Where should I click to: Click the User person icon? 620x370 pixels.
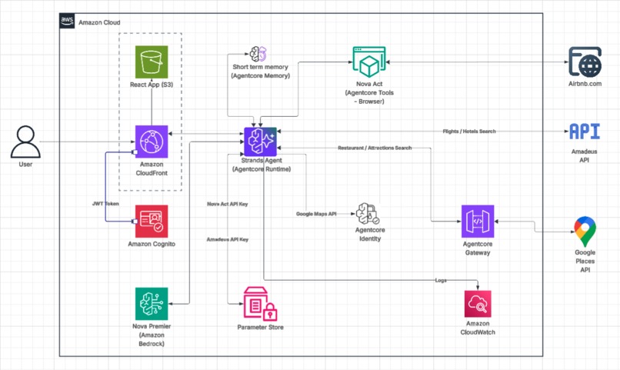[25, 142]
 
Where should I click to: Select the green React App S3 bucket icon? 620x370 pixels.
[152, 62]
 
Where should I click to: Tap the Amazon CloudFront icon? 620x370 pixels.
[152, 142]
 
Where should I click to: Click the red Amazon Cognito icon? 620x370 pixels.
[152, 221]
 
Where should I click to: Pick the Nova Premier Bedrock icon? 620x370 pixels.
[152, 304]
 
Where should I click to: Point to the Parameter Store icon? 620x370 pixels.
[260, 304]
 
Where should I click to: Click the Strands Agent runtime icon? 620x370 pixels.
[260, 142]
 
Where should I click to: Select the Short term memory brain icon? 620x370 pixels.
[258, 54]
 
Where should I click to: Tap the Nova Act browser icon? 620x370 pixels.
[369, 62]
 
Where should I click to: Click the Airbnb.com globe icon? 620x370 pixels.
[585, 62]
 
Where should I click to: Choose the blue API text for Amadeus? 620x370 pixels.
[585, 132]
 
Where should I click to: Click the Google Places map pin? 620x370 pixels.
[585, 232]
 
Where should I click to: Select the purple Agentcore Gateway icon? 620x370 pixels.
[478, 221]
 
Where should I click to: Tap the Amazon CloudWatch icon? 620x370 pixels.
[478, 304]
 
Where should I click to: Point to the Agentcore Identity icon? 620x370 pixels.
[368, 214]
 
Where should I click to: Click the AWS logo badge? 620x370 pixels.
[67, 21]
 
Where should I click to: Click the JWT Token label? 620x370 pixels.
[105, 204]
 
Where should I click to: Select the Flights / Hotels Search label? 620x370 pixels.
[469, 132]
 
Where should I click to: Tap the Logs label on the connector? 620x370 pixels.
[441, 280]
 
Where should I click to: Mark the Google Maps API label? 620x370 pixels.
[316, 214]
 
